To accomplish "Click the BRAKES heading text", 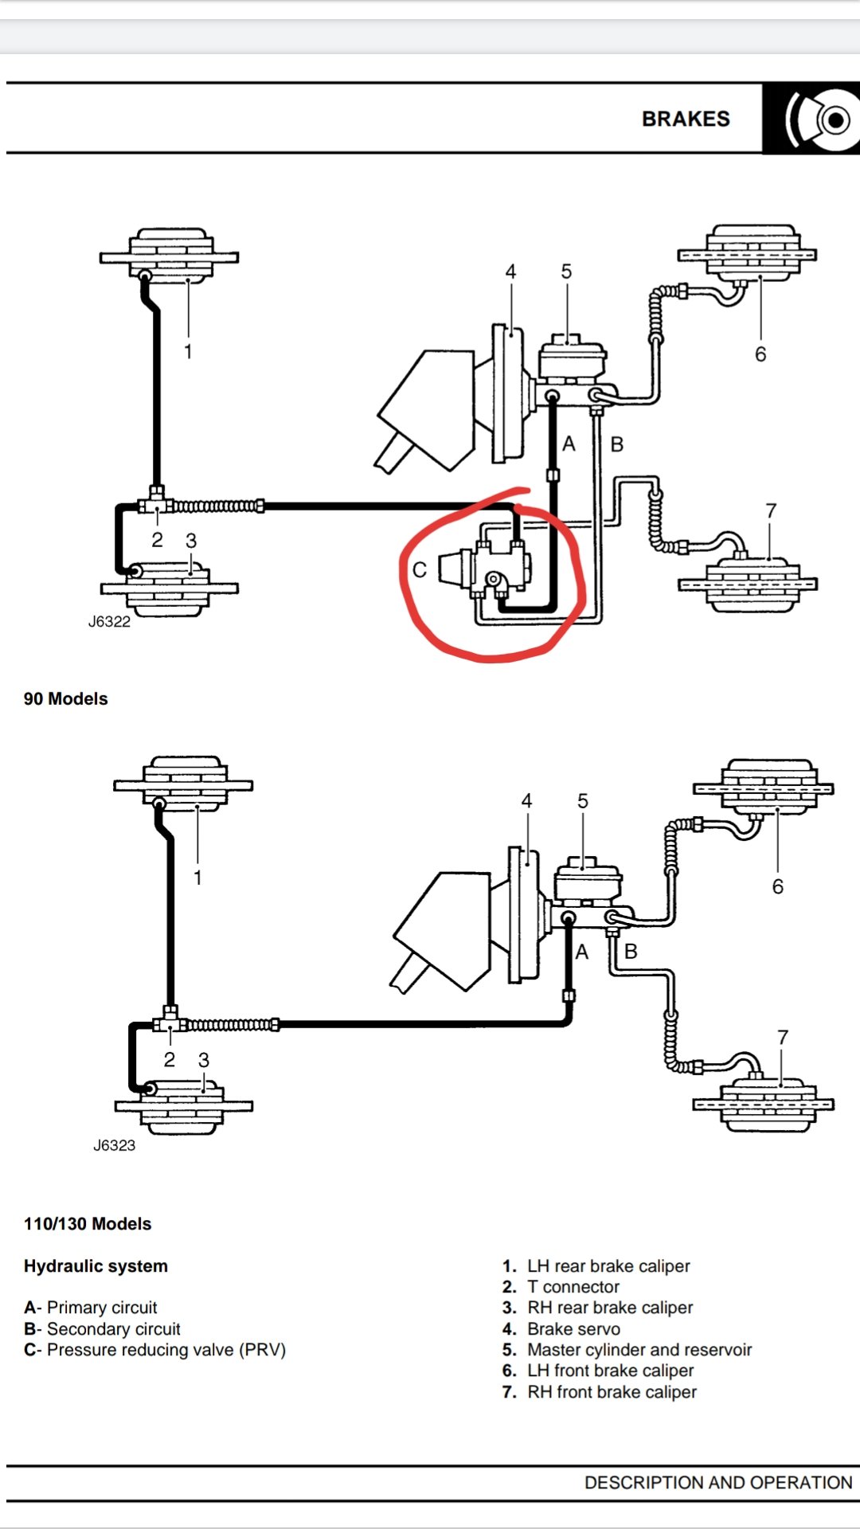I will [x=686, y=119].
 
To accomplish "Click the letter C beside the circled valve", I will [x=420, y=569].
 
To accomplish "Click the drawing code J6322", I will [x=109, y=622].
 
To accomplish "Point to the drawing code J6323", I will [x=114, y=1145].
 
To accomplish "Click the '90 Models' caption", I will [x=65, y=698].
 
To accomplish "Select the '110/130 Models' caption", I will [x=88, y=1224].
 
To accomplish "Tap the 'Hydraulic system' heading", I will [x=96, y=1266].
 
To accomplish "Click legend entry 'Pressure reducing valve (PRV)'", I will [x=166, y=1350].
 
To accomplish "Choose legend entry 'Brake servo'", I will [x=573, y=1329].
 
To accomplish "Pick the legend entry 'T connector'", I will [x=573, y=1287].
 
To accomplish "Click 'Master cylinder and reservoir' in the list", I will [x=639, y=1350].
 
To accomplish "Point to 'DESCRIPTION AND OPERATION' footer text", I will [x=718, y=1482].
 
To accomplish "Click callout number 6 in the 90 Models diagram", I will [x=760, y=354].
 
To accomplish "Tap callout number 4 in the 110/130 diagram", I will [x=526, y=801].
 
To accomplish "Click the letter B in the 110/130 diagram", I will [x=631, y=951].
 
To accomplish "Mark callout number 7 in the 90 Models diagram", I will [x=771, y=510].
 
